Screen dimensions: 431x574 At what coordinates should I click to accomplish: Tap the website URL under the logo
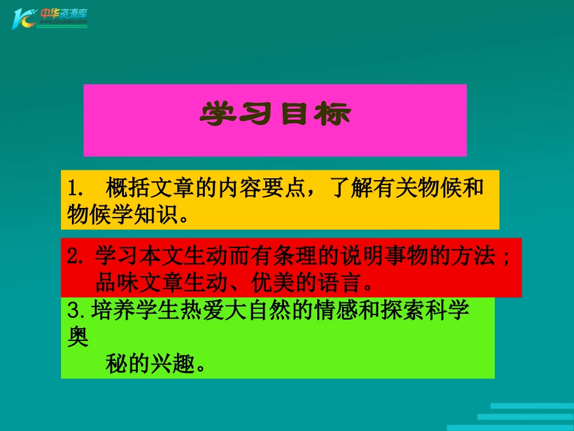[63, 22]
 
